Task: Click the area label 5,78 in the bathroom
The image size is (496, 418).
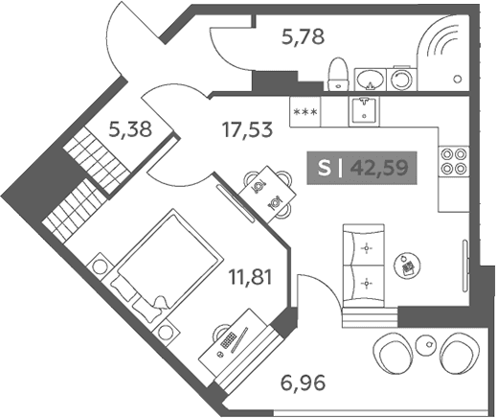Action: tap(303, 36)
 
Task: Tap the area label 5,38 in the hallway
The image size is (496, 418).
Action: tap(130, 130)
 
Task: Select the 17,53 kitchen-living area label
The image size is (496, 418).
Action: tap(248, 129)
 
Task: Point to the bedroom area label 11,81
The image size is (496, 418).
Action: tap(250, 277)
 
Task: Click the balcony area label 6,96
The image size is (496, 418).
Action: tap(303, 383)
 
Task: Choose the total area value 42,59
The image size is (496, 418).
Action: tap(379, 168)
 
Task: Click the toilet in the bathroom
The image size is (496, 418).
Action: tap(338, 74)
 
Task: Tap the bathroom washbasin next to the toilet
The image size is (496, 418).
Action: tap(371, 79)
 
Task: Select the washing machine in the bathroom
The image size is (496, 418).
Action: tap(401, 79)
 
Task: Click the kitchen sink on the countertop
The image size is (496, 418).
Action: tap(364, 111)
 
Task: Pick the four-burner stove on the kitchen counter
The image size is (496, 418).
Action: tap(454, 161)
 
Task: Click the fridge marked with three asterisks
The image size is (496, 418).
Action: tap(305, 112)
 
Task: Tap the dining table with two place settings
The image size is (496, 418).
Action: tap(267, 195)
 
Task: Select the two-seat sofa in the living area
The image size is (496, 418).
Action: tap(363, 266)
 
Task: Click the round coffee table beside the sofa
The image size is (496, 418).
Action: tap(407, 265)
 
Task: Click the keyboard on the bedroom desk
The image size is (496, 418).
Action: tap(228, 339)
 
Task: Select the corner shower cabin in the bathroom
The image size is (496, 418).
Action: tap(442, 53)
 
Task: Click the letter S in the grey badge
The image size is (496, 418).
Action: tap(324, 168)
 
